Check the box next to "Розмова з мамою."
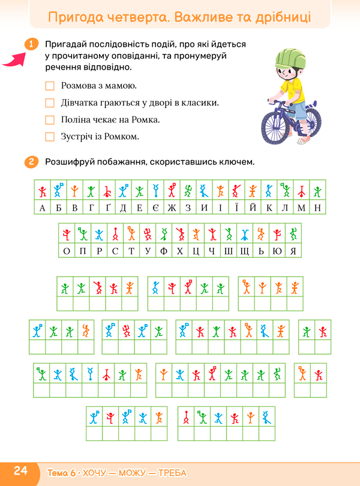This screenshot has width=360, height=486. coord(50,86)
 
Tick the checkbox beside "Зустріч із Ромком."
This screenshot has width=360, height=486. coord(50,137)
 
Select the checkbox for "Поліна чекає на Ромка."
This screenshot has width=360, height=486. coord(50,120)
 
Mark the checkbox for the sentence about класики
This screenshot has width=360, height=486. coord(50,103)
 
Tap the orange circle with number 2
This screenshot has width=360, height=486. coord(32,162)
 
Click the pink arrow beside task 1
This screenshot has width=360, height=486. coord(14,59)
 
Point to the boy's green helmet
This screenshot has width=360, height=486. coord(290,58)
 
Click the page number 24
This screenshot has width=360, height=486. coord(20,471)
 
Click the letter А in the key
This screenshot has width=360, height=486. coord(42,208)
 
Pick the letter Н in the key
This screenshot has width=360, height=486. coord(318,208)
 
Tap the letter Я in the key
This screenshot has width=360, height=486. coord(293,250)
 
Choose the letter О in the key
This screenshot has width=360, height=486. coord(67,250)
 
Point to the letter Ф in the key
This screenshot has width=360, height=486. coord(163,250)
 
